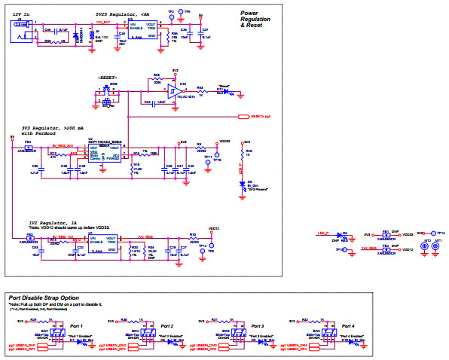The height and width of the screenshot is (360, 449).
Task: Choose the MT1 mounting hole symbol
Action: [437, 246]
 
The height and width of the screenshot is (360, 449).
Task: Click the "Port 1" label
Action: [75, 325]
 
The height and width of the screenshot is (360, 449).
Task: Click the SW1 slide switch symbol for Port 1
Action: [43, 334]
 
